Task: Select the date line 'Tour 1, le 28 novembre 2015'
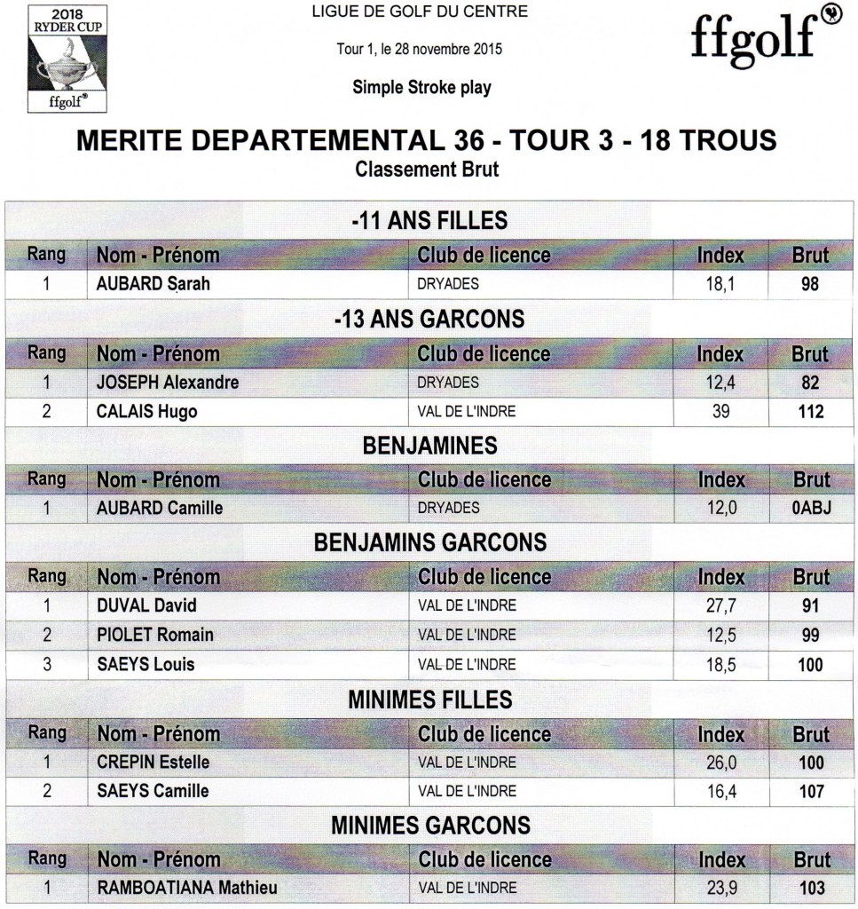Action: click(420, 50)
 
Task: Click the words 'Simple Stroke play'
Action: click(421, 87)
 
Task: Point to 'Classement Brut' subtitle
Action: click(427, 169)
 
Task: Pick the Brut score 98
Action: click(809, 285)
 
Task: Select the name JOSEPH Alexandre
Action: click(167, 383)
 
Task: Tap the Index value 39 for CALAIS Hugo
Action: click(720, 412)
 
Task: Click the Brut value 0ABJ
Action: click(809, 509)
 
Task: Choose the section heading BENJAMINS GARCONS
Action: click(430, 542)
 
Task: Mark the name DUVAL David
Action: click(146, 606)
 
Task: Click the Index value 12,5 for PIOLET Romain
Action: click(720, 636)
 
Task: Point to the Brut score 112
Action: click(810, 412)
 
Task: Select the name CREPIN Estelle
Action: click(153, 763)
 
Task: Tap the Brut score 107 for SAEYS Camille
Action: click(811, 791)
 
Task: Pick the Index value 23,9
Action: click(720, 888)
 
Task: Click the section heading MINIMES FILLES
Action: click(430, 700)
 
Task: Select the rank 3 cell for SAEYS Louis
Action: click(47, 665)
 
